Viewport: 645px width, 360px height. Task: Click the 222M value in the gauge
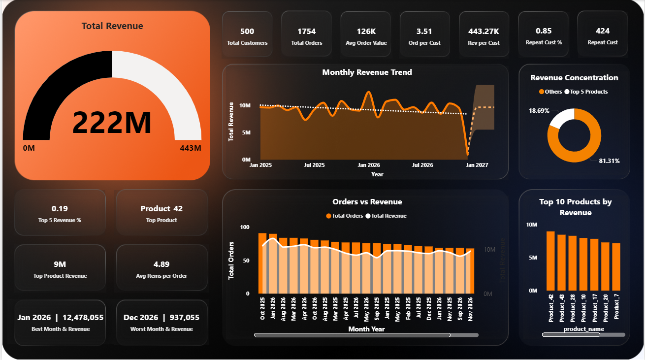click(112, 123)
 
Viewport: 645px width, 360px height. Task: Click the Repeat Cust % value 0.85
click(544, 31)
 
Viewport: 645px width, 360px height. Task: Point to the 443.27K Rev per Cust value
click(484, 32)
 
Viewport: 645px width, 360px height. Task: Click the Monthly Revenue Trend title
click(367, 72)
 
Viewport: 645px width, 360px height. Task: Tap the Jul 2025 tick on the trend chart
click(314, 165)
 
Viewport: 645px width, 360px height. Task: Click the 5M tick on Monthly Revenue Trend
click(245, 132)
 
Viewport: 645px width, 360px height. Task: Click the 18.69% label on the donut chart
click(539, 110)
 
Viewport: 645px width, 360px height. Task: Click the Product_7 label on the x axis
click(616, 307)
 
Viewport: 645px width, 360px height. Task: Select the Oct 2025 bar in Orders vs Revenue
click(262, 263)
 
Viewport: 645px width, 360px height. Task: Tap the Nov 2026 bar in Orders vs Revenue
click(470, 271)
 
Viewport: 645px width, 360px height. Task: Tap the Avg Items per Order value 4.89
click(161, 264)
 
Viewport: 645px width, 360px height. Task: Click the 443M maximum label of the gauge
click(191, 148)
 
